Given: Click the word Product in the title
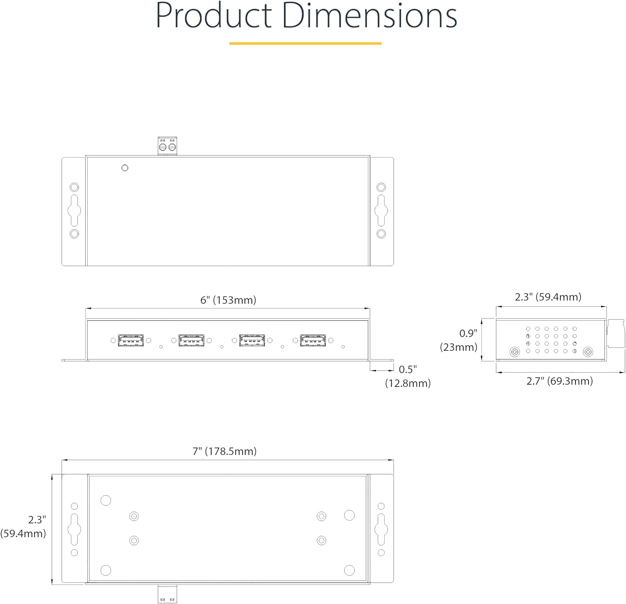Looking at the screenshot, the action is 214,16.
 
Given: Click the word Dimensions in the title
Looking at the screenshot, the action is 370,16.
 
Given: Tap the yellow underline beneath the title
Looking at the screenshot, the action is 305,43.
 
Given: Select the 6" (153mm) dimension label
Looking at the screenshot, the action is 228,300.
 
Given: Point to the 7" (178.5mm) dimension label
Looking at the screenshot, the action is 225,451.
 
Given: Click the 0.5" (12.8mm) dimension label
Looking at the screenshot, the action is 408,376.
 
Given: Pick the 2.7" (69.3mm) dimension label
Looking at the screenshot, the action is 560,381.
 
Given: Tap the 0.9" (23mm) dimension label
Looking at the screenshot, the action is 459,340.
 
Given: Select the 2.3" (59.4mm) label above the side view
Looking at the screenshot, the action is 548,297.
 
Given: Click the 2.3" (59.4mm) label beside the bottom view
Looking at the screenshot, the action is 23,526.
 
